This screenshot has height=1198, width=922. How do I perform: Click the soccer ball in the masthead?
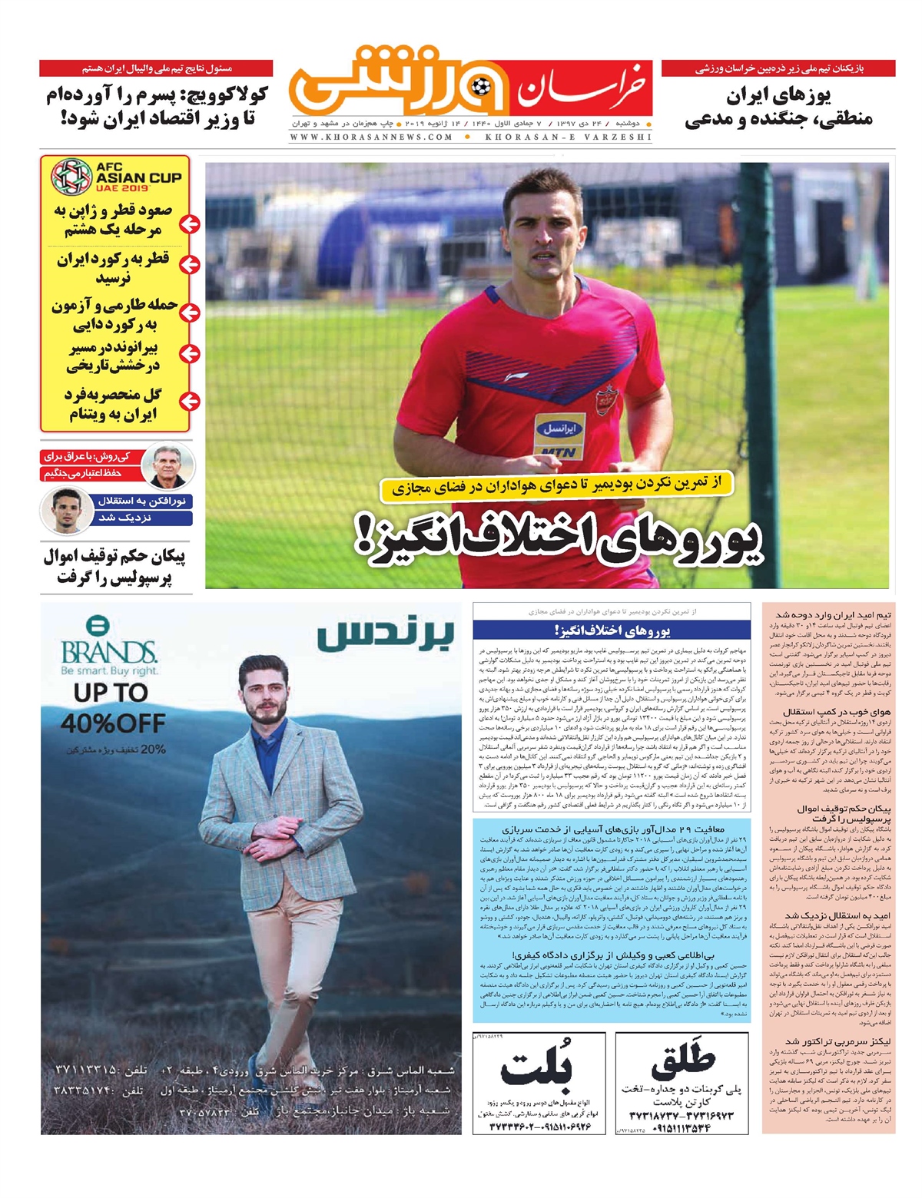pyautogui.click(x=481, y=85)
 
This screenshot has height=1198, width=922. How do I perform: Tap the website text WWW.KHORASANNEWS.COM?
pyautogui.click(x=372, y=137)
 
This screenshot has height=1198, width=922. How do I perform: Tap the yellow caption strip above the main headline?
pyautogui.click(x=556, y=485)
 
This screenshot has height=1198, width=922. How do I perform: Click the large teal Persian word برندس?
pyautogui.click(x=385, y=634)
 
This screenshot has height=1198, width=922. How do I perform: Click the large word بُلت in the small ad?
pyautogui.click(x=536, y=1068)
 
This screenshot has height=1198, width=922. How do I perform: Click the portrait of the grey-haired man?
pyautogui.click(x=168, y=465)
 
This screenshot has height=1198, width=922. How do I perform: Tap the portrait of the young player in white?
pyautogui.click(x=61, y=510)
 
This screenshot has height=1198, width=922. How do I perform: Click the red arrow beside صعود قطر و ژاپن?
pyautogui.click(x=188, y=224)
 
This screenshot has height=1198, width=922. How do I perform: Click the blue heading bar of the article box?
pyautogui.click(x=611, y=630)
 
